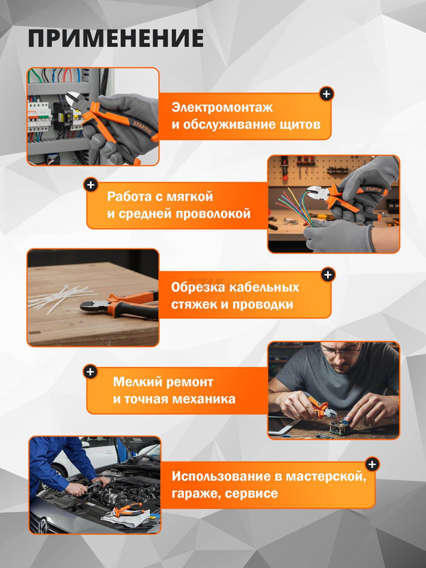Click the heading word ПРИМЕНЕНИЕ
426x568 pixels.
(x=116, y=38)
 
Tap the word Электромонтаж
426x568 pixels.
(x=222, y=107)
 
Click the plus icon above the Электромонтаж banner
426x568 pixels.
(x=327, y=94)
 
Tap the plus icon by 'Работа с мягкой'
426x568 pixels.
(x=91, y=185)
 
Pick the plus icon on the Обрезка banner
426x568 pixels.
(x=328, y=275)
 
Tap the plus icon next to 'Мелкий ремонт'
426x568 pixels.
(x=90, y=372)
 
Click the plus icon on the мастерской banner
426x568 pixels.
(x=372, y=464)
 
